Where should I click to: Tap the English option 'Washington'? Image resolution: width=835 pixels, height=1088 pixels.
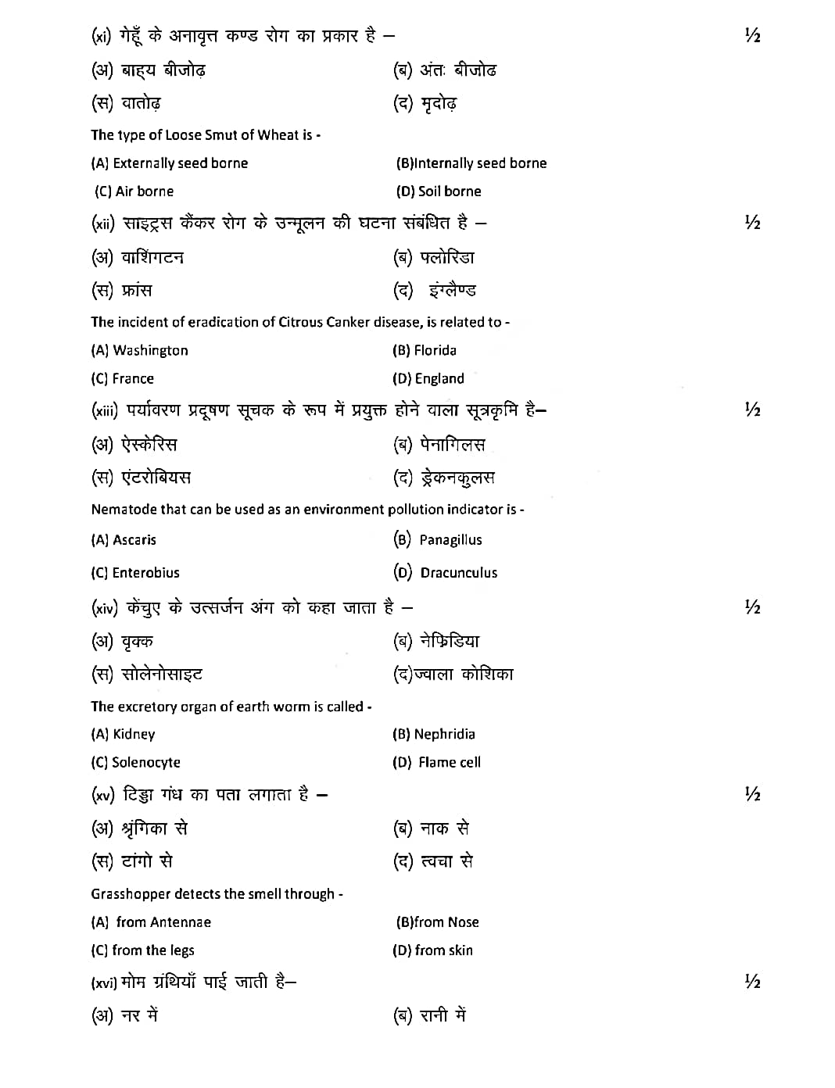click(150, 351)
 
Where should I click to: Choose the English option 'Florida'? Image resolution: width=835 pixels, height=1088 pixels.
click(435, 351)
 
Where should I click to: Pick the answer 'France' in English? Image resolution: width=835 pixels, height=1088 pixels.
click(133, 379)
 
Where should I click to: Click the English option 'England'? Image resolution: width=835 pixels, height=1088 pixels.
click(439, 379)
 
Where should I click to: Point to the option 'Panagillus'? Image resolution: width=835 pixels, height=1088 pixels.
click(450, 540)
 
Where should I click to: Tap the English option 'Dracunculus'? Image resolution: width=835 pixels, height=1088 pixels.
click(458, 573)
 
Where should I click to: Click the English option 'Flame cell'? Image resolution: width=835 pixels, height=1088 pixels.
click(449, 763)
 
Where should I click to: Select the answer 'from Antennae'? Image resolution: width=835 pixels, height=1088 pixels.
click(163, 922)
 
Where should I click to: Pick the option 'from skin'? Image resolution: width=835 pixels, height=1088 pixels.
click(443, 950)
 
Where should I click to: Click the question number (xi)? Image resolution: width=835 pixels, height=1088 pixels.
click(102, 36)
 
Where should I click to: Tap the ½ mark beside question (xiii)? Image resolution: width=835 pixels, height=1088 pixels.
click(752, 410)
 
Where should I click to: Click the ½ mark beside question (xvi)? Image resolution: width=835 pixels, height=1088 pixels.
click(752, 982)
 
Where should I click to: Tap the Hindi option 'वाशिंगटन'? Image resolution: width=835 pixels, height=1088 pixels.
click(152, 257)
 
